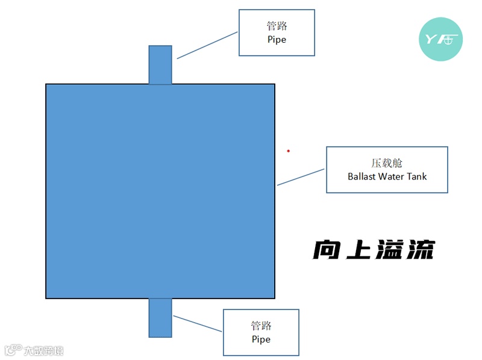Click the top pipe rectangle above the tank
160,64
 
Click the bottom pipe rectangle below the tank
160,317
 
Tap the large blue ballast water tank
160,191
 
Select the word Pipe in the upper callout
277,39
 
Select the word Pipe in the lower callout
261,339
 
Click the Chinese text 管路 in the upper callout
277,26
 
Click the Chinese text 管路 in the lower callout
261,326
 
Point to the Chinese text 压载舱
387,163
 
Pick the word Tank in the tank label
418,176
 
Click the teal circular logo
440,39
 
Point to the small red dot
288,151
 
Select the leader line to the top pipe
208,45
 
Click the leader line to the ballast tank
301,177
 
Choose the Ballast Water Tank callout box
387,170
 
